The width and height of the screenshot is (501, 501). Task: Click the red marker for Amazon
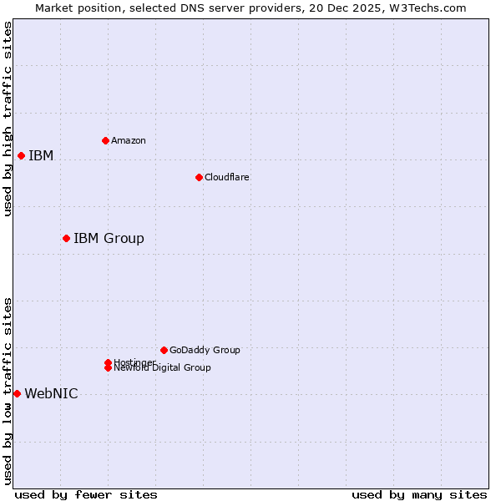[x=105, y=140]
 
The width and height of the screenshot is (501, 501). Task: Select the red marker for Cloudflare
[x=199, y=177]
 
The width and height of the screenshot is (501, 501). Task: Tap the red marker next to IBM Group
[x=66, y=239]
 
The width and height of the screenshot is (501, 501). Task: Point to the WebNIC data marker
[x=17, y=394]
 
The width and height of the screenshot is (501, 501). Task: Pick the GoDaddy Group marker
[x=164, y=350]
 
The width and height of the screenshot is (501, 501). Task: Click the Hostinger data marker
[x=108, y=362]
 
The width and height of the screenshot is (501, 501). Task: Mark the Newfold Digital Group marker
[x=108, y=368]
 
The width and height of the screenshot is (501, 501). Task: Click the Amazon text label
[x=128, y=140]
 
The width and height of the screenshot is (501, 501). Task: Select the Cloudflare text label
[x=226, y=177]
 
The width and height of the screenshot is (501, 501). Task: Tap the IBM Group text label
[x=109, y=239]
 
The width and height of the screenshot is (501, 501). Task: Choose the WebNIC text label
[x=51, y=394]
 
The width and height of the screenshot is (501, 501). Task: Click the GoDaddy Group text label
[x=205, y=350]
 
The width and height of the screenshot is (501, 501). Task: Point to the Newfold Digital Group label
[x=163, y=368]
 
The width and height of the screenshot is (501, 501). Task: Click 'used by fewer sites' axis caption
[x=86, y=494]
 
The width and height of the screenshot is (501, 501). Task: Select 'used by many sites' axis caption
[x=419, y=494]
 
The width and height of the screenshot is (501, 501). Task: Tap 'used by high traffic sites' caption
[x=8, y=119]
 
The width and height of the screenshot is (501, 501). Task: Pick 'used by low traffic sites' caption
[x=8, y=391]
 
